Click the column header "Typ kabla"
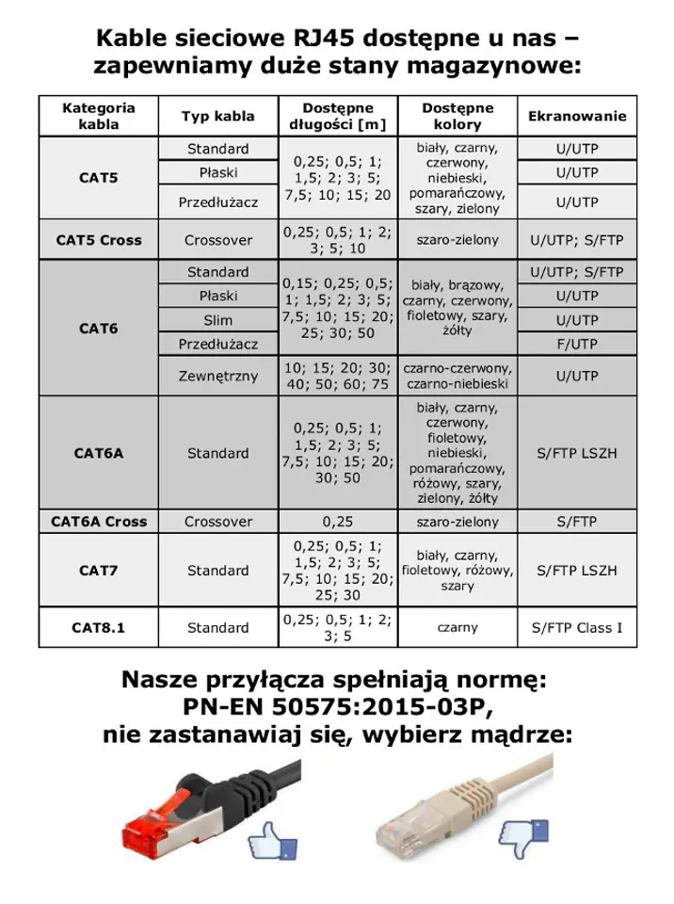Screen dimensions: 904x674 coord(217,117)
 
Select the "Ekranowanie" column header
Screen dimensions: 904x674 coord(577,117)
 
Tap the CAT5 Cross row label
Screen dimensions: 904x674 coord(97,240)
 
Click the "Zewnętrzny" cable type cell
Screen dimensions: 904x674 coord(217,377)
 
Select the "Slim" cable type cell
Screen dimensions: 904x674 coord(217,321)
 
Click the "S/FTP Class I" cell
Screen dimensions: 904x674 coord(577,627)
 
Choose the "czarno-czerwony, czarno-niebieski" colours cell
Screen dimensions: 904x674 coord(457,377)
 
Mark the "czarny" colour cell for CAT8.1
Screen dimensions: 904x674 coord(457,627)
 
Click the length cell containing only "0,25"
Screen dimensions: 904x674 coord(337,521)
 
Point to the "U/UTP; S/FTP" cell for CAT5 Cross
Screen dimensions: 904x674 coord(577,240)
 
